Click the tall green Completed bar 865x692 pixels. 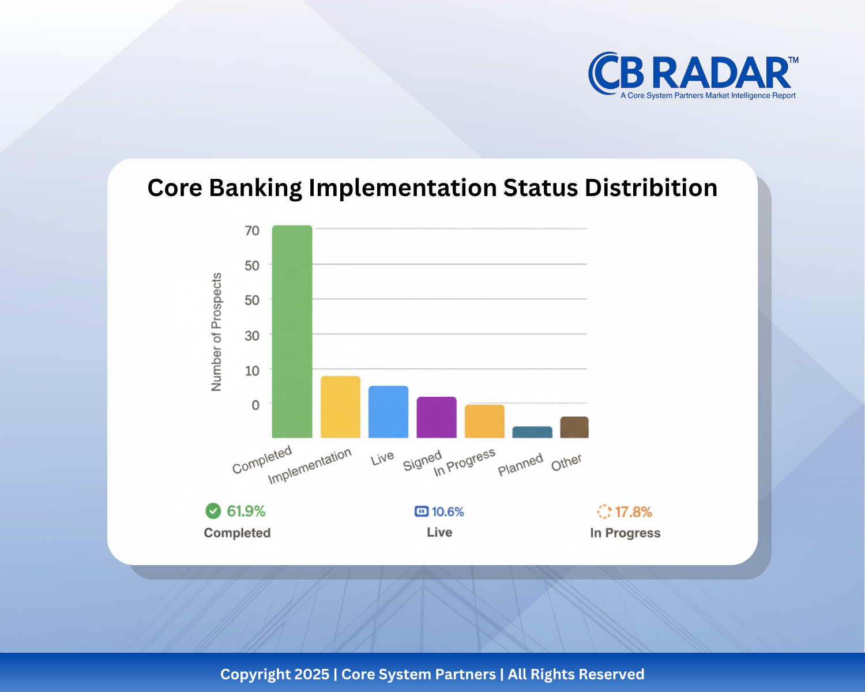coord(292,332)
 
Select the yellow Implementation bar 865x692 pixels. coord(340,407)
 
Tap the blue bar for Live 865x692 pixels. coord(388,412)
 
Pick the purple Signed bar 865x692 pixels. coord(437,418)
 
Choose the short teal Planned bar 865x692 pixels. coord(532,432)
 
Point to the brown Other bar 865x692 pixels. coord(574,427)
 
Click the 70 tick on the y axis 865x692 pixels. coord(252,231)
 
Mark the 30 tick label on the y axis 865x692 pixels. coord(252,336)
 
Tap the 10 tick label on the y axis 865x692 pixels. coord(252,371)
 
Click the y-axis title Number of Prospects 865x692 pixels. coord(217,332)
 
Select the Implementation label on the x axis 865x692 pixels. coord(310,466)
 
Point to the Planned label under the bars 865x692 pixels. coord(520,465)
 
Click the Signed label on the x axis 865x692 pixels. coord(422,460)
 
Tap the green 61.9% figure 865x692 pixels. coord(246,512)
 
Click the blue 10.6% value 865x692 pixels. coord(447,512)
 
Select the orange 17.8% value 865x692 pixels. coord(633,512)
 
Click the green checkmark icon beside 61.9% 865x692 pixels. coord(213,511)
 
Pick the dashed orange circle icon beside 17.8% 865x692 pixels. coord(604,512)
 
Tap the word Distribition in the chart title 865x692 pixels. coord(651,188)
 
